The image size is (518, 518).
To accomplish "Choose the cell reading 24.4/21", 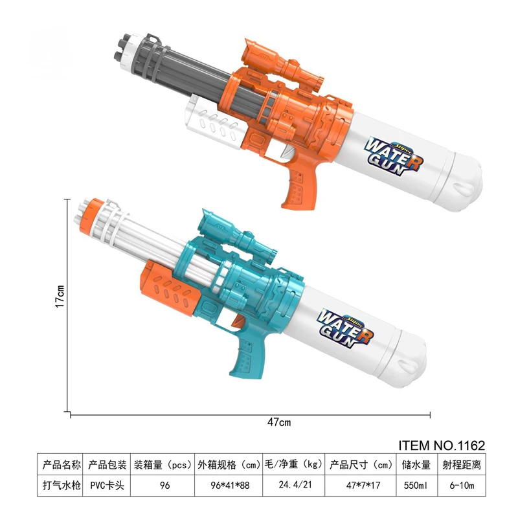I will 291,484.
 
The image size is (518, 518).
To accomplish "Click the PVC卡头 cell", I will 106,484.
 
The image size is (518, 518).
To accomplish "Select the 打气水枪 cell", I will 61,484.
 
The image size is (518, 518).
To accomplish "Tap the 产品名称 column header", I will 61,464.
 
